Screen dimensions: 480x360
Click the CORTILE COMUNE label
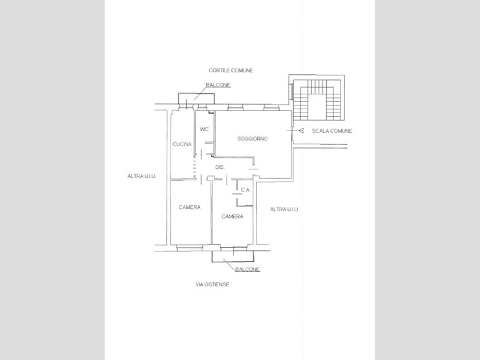[231, 70]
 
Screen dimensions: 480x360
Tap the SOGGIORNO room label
[252, 139]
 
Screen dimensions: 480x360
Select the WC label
[204, 129]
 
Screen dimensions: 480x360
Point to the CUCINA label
[182, 144]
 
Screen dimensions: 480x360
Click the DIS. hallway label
[220, 167]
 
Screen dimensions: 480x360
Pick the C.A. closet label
[245, 190]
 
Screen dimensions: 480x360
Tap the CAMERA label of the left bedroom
[189, 207]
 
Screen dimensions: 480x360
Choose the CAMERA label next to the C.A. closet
[233, 217]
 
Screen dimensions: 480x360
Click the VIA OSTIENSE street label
[213, 284]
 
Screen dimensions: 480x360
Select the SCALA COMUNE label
[332, 131]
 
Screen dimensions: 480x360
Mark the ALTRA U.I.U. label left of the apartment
[141, 176]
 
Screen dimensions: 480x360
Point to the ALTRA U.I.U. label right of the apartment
[284, 209]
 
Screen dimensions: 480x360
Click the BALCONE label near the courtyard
[218, 85]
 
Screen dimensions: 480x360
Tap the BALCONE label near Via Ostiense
[247, 270]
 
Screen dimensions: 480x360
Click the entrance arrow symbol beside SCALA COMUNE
[301, 131]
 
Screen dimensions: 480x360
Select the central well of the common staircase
[317, 107]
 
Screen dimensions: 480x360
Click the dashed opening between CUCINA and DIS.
[194, 167]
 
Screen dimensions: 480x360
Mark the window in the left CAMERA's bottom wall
[190, 248]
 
